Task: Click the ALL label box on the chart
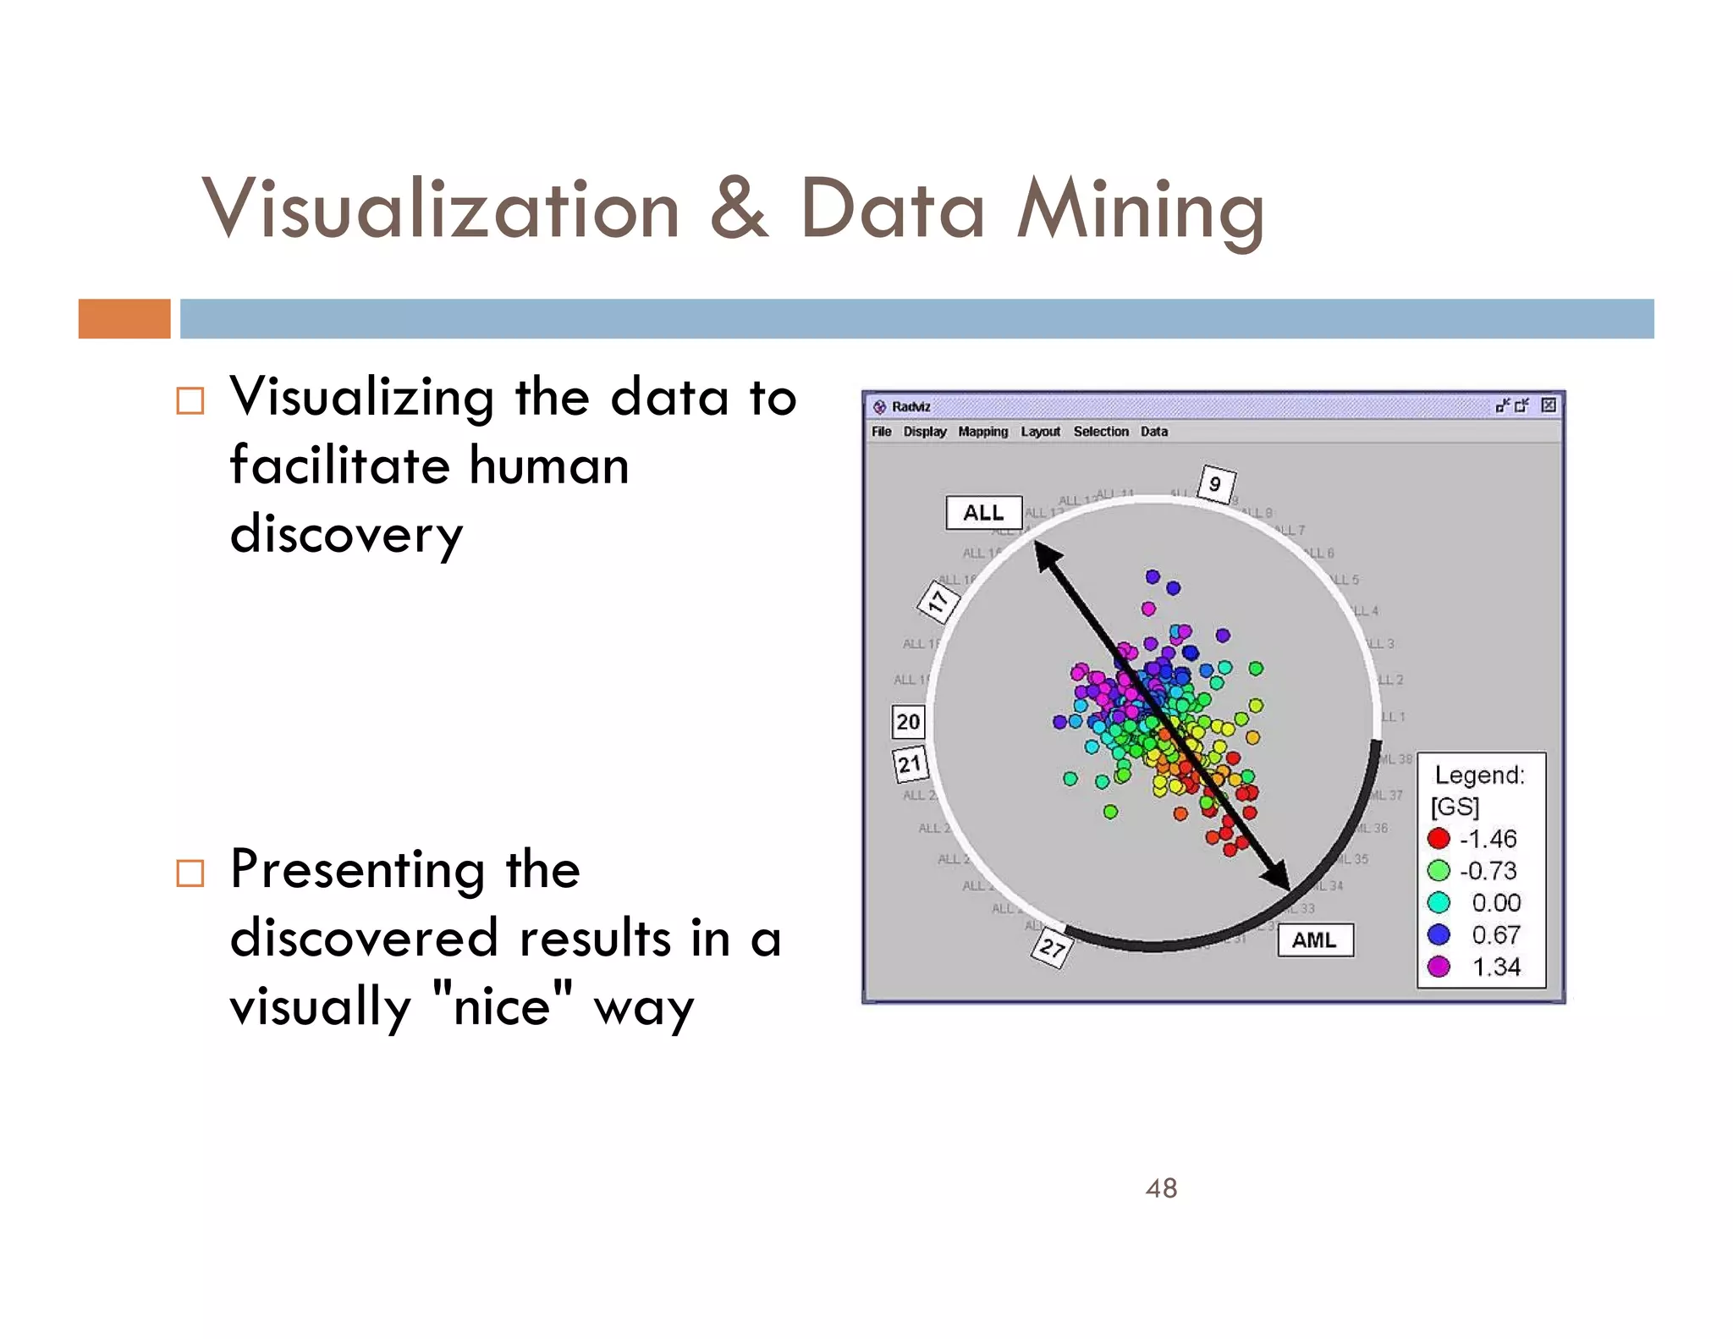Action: (983, 513)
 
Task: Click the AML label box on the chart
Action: (1315, 940)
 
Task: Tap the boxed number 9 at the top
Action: (1216, 484)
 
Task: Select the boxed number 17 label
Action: (938, 603)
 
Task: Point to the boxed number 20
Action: (908, 722)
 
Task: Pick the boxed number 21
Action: (910, 764)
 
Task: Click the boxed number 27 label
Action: (1052, 948)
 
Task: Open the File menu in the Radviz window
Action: (881, 432)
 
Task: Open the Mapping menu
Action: (982, 432)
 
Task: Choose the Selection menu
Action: (1100, 432)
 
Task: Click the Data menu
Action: (1153, 432)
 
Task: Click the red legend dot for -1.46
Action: (1439, 839)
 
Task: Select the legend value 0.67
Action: (1495, 934)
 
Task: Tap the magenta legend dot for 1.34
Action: (1439, 967)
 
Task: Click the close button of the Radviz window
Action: (1548, 405)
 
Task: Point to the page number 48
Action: (1161, 1188)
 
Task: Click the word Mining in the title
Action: (1140, 211)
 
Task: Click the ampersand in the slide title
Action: (739, 209)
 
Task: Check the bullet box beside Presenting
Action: (190, 873)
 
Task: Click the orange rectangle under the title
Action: (124, 319)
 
